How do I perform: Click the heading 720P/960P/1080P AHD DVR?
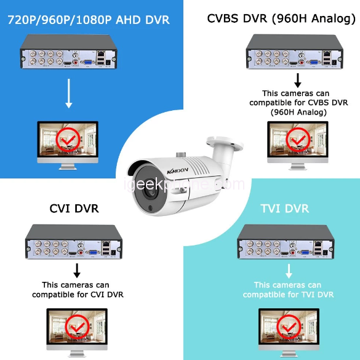pyautogui.click(x=89, y=20)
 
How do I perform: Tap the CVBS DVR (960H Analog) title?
pyautogui.click(x=281, y=18)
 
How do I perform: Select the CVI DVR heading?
pyautogui.click(x=74, y=209)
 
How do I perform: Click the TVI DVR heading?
pyautogui.click(x=285, y=209)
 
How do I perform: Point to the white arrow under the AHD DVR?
pyautogui.click(x=69, y=94)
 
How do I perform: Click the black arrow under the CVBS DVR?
pyautogui.click(x=298, y=81)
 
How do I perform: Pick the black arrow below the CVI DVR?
pyautogui.click(x=77, y=270)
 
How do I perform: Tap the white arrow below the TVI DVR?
pyautogui.click(x=289, y=271)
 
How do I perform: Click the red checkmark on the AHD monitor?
pyautogui.click(x=68, y=140)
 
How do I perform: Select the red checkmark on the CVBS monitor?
pyautogui.click(x=298, y=140)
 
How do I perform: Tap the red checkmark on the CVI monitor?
pyautogui.click(x=78, y=327)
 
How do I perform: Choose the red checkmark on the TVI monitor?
pyautogui.click(x=289, y=327)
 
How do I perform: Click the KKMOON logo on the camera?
pyautogui.click(x=177, y=170)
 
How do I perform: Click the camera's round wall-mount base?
pyautogui.click(x=225, y=143)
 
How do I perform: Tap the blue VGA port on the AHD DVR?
pyautogui.click(x=88, y=62)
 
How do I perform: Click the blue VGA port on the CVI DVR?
pyautogui.click(x=93, y=252)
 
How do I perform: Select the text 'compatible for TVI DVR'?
pyautogui.click(x=289, y=295)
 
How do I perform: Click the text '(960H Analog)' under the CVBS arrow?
pyautogui.click(x=298, y=112)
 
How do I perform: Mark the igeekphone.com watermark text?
pyautogui.click(x=185, y=185)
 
